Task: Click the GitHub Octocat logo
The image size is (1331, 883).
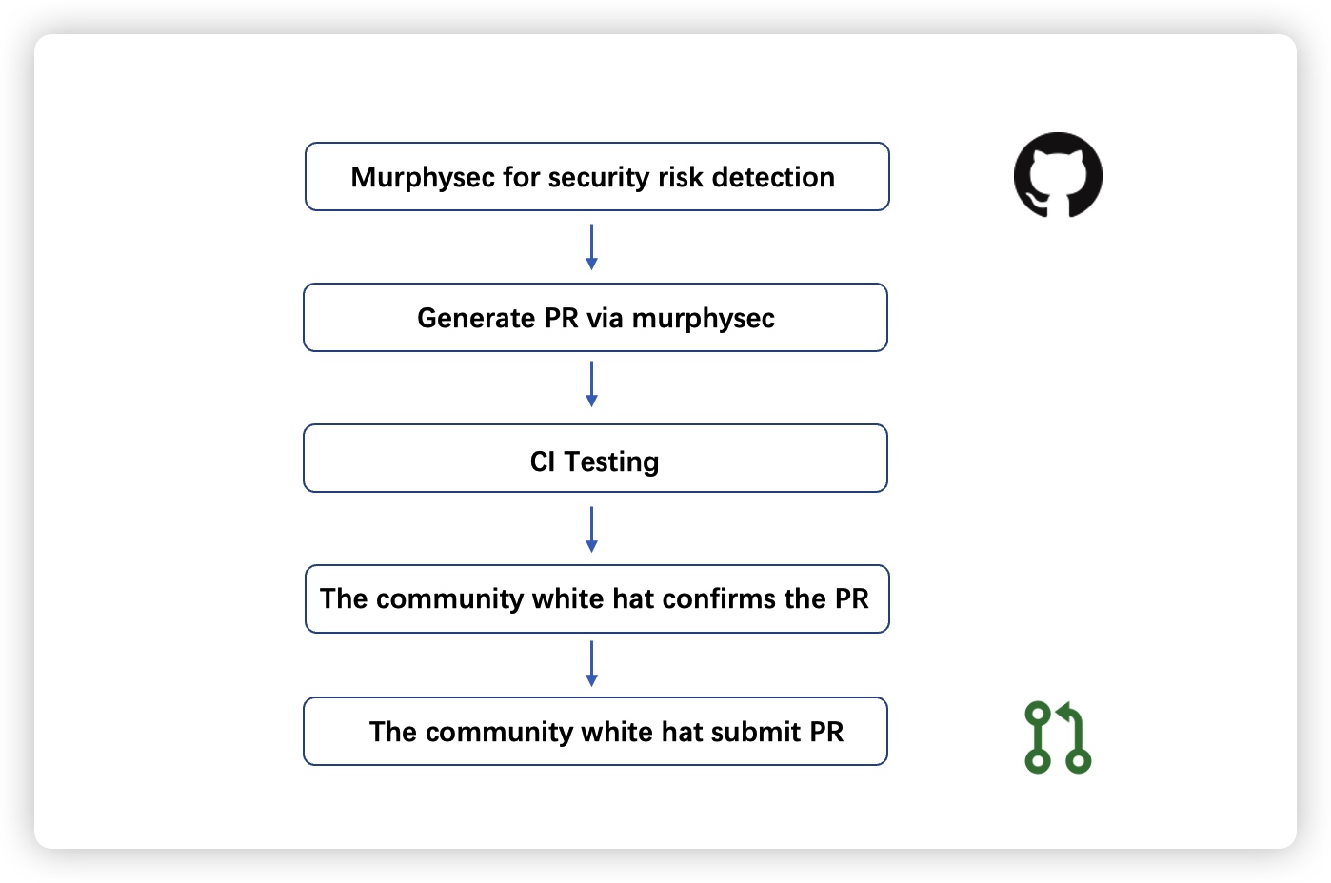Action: [1058, 174]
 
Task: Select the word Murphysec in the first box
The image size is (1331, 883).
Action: [423, 178]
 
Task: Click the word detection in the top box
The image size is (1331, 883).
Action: [773, 177]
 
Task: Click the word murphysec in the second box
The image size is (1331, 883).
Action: [703, 319]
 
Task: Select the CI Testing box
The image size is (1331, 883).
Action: [595, 458]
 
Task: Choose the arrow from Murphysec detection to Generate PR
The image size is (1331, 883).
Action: [591, 246]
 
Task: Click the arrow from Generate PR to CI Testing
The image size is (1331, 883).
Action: [591, 383]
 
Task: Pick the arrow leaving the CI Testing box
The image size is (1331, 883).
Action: [591, 529]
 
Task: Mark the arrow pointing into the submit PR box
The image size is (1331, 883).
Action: [591, 663]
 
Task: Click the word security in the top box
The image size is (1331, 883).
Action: [599, 178]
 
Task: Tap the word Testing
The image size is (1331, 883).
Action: [611, 462]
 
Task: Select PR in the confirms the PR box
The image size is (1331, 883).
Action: [851, 598]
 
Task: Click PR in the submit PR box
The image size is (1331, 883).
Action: [826, 732]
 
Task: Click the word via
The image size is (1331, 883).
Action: [605, 318]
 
